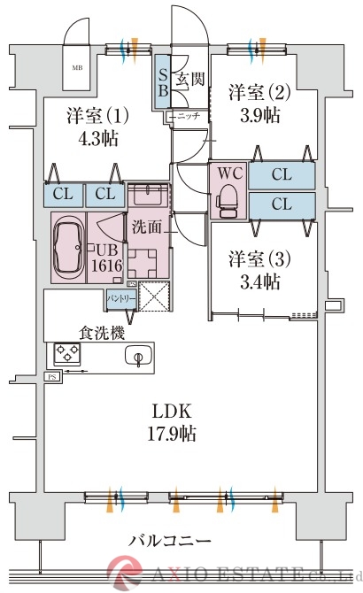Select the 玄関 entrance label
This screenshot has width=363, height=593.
click(189, 79)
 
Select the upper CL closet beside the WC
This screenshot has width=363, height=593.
click(282, 175)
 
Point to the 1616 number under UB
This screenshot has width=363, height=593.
click(105, 266)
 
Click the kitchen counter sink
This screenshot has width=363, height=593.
click(138, 356)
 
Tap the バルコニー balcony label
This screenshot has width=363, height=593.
click(169, 540)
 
